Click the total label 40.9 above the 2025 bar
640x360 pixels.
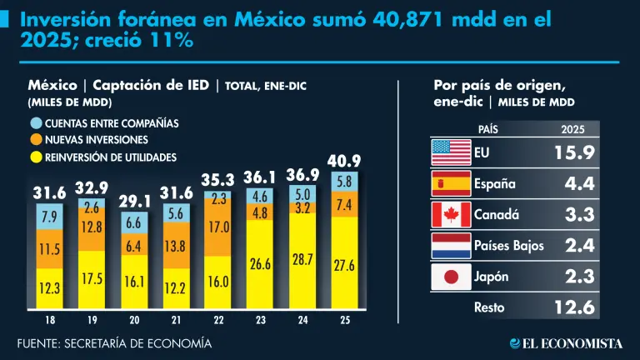click(343, 160)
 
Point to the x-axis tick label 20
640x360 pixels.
click(132, 319)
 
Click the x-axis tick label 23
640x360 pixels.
click(259, 319)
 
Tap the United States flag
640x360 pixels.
click(452, 153)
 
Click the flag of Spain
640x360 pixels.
click(452, 184)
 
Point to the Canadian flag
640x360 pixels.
click(452, 214)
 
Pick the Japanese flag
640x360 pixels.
click(452, 276)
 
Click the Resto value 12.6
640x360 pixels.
click(574, 307)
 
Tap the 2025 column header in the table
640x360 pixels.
click(573, 129)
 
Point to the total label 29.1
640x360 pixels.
click(133, 201)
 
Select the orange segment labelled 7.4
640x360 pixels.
click(343, 204)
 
